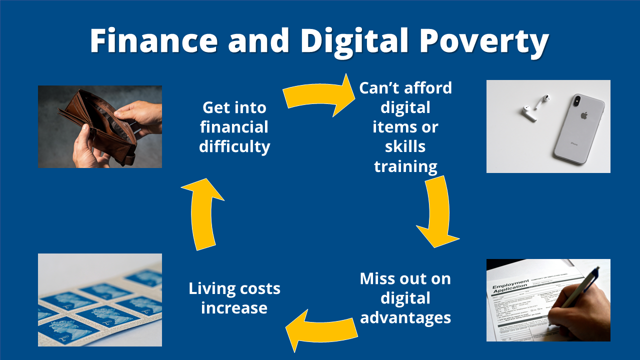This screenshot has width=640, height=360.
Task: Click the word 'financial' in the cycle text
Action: (234, 127)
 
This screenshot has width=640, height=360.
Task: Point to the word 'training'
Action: (405, 166)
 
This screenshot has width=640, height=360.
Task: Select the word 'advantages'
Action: (405, 317)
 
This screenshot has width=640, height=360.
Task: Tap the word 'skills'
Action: (405, 146)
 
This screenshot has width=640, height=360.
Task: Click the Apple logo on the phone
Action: (583, 116)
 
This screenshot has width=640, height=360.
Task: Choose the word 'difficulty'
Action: (234, 146)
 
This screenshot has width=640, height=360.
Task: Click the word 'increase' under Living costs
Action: (234, 307)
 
